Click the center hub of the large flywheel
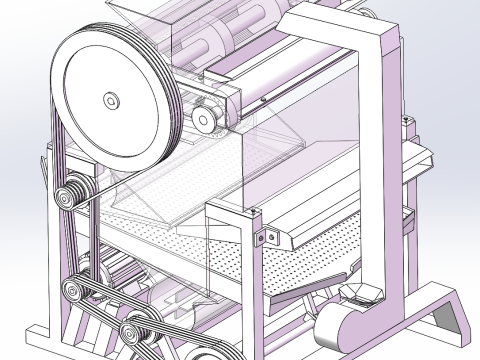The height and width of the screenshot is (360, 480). pos(111,100)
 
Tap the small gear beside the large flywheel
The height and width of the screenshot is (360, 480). pos(207,120)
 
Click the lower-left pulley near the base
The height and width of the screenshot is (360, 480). pos(76,292)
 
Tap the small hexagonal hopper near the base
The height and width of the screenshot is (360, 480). pos(360,292)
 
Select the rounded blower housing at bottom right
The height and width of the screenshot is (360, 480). pos(340,327)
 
